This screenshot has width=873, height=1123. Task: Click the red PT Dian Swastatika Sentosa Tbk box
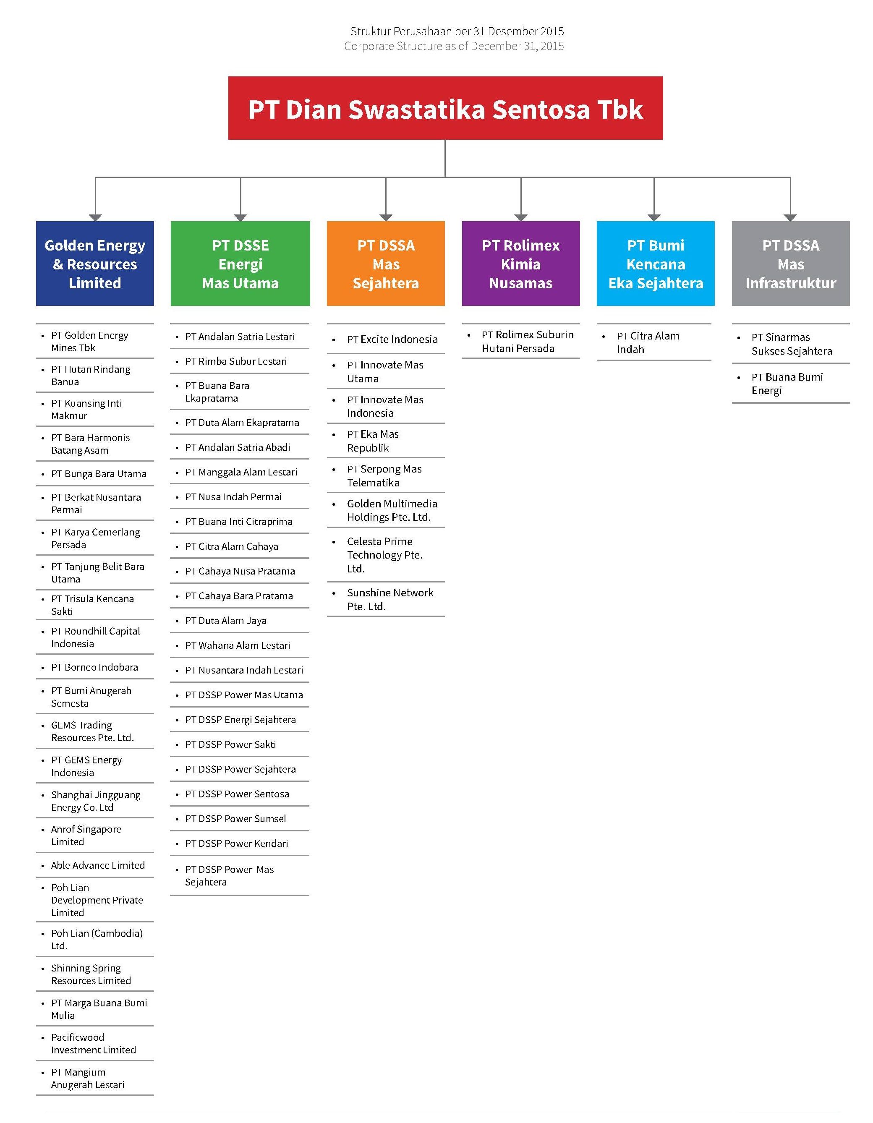(445, 108)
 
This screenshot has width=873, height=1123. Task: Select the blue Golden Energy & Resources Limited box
(95, 263)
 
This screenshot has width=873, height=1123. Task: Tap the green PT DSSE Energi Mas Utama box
(240, 263)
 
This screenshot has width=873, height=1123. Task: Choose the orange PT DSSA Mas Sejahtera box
(386, 263)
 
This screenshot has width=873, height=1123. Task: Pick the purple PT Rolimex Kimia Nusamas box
(521, 263)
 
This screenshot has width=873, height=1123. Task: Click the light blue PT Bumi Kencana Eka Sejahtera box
(656, 263)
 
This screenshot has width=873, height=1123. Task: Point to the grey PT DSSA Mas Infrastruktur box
(791, 263)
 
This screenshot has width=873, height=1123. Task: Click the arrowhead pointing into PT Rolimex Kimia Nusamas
(521, 217)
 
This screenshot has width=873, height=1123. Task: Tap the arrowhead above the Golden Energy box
(95, 217)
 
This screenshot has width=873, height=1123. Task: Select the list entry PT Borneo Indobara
(94, 667)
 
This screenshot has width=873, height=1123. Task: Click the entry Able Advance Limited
(98, 865)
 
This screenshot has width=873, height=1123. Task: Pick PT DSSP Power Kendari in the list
(236, 843)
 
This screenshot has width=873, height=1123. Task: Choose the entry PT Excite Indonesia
(392, 340)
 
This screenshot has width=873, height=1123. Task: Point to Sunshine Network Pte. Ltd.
(390, 600)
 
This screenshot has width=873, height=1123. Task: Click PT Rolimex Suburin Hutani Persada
(528, 342)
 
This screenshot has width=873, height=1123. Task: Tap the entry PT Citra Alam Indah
(648, 342)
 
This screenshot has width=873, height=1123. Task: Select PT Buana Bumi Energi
(787, 384)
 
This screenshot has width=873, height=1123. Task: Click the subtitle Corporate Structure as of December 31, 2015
(454, 46)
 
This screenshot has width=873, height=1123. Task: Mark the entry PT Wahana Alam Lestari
(238, 645)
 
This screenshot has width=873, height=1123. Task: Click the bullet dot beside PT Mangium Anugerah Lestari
(43, 1073)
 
